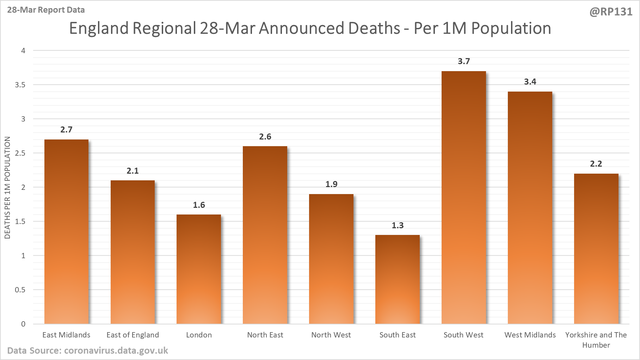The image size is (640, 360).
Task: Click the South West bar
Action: (x=463, y=197)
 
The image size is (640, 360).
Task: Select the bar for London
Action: (x=199, y=269)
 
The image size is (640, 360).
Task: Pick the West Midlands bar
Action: (x=530, y=208)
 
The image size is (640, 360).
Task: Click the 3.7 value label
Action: (x=464, y=61)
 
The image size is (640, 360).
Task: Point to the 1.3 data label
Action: (x=398, y=225)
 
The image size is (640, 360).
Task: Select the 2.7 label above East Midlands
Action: (x=66, y=130)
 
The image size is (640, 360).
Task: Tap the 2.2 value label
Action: (x=596, y=164)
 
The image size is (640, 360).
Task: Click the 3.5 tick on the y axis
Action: (x=20, y=85)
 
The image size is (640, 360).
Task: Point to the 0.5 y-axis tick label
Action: (x=20, y=290)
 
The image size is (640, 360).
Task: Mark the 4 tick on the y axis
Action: (x=23, y=50)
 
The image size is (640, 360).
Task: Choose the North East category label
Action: (x=265, y=335)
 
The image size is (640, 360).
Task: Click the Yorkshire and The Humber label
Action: (x=596, y=340)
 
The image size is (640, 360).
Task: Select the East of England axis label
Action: (x=133, y=335)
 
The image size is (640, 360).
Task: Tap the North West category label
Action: (x=331, y=335)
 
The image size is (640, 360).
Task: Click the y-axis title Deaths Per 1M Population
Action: (x=7, y=187)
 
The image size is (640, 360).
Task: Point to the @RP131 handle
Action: (x=611, y=12)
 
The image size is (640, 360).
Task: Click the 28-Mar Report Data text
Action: (x=46, y=10)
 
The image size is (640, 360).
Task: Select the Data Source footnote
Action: (x=87, y=350)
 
